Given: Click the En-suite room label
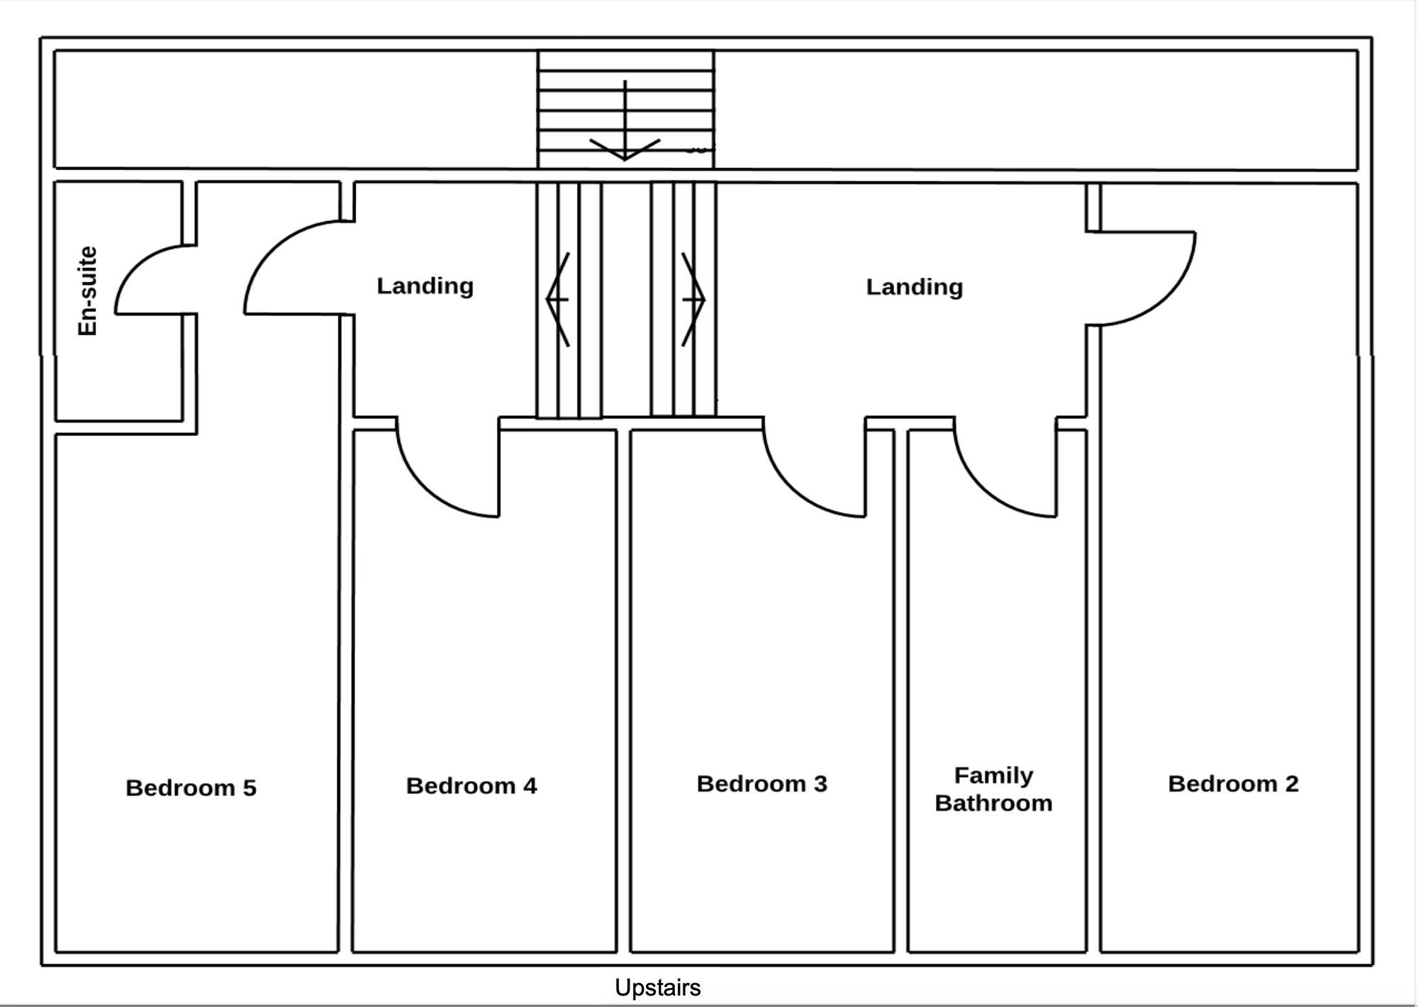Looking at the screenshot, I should coord(86,291).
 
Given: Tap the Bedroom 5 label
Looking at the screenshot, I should coord(191,787).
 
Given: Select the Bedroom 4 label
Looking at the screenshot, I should coord(471,785).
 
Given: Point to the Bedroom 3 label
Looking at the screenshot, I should coord(762,783).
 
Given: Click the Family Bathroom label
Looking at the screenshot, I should coord(993,789).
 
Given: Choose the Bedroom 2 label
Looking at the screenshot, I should coord(1233,783).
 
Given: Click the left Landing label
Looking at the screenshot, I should coord(425,286).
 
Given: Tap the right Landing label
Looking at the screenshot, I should coord(915,286).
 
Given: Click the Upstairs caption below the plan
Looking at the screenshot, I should coord(657,987).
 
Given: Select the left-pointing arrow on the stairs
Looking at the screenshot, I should coord(558,299).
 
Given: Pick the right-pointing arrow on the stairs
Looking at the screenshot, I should coord(693,299).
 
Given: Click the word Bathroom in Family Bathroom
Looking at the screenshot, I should coord(993,803).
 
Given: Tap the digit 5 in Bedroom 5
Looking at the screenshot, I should coord(250,787).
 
